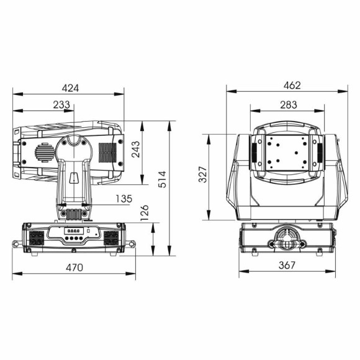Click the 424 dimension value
tap(70, 88)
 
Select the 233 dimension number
tap(61, 105)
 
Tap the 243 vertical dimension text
tap(136, 149)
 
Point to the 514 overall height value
tap(163, 179)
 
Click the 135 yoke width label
tap(124, 199)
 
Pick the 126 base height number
tap(145, 213)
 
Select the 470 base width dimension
tap(74, 268)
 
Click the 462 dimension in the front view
tap(292, 86)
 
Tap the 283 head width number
tap(289, 105)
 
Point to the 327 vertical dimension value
tap(203, 174)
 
